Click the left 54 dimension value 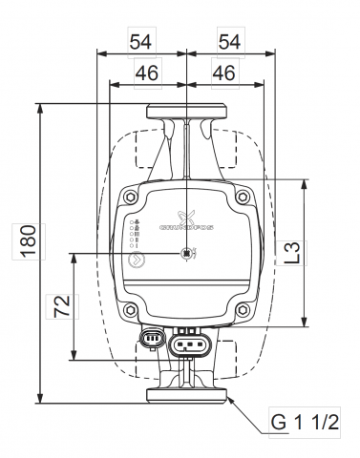click(x=142, y=43)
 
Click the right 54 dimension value click(x=229, y=43)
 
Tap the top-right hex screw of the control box click(x=242, y=198)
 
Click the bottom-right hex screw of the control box click(x=242, y=307)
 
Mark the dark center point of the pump click(x=187, y=254)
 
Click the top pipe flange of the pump click(x=187, y=111)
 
